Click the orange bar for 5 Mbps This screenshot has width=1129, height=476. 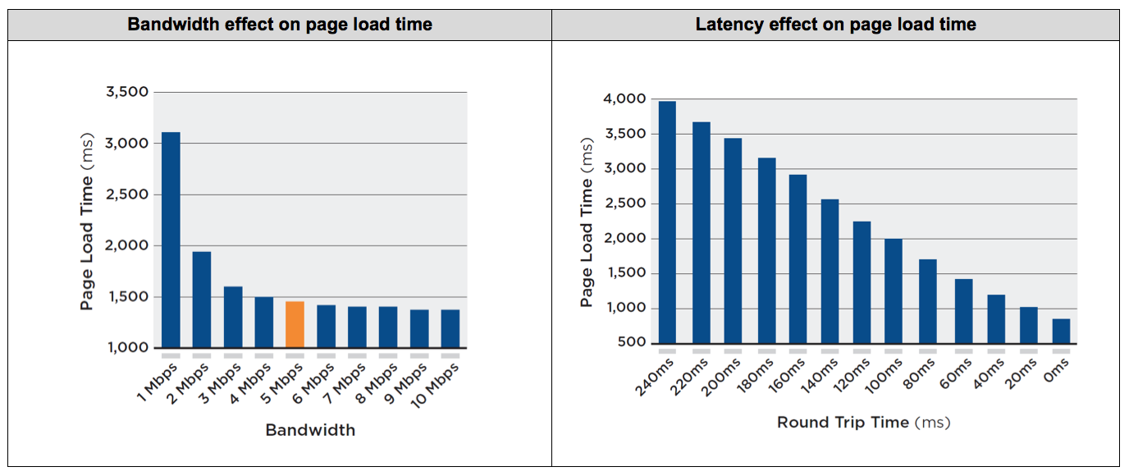point(295,324)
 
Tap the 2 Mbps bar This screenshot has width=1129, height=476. point(202,300)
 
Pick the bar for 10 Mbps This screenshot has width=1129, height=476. point(450,328)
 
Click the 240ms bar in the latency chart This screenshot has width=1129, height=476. point(667,222)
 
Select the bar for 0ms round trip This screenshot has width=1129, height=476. point(1061,331)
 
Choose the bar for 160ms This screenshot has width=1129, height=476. point(798,259)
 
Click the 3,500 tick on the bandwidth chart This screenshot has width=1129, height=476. point(127,92)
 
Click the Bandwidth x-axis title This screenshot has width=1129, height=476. point(310,429)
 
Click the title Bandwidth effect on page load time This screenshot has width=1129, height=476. point(280,25)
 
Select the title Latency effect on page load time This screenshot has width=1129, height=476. point(835,25)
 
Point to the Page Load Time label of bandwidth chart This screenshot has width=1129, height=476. point(87,222)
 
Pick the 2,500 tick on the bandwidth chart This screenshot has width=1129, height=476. point(127,195)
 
